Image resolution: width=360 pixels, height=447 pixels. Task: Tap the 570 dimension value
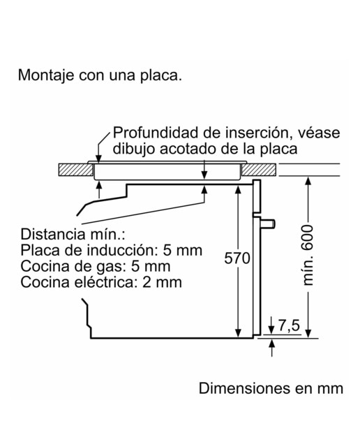(x=237, y=258)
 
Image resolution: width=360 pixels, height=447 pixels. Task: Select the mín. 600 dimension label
(x=308, y=255)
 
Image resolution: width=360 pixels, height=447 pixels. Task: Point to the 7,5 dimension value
(x=289, y=326)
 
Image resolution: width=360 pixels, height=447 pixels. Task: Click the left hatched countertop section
(x=76, y=170)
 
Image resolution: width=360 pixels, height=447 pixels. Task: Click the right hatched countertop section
(x=259, y=170)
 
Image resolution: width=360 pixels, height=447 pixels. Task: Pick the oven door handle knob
(x=268, y=223)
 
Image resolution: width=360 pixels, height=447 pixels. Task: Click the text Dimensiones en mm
(x=271, y=388)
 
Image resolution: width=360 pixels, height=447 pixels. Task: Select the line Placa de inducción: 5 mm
(x=112, y=250)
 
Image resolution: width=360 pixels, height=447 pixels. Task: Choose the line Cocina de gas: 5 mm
(x=96, y=266)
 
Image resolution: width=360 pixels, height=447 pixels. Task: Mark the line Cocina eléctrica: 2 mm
(x=101, y=282)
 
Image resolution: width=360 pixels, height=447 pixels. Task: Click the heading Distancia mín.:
(x=73, y=235)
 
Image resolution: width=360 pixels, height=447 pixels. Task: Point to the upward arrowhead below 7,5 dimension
(x=272, y=344)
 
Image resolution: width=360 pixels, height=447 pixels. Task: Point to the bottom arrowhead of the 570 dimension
(x=238, y=333)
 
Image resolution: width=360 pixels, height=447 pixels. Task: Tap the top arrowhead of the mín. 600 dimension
(x=308, y=182)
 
